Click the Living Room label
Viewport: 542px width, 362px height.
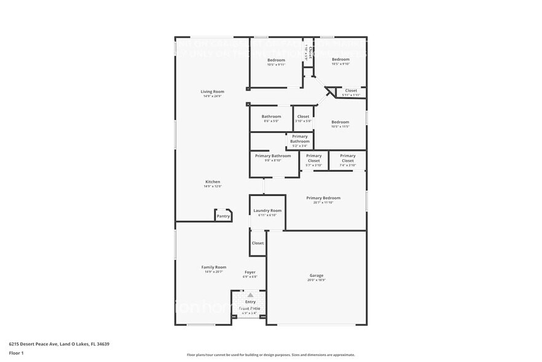pos(212,92)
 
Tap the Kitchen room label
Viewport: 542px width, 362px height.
pos(213,182)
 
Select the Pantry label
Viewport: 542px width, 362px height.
pos(223,216)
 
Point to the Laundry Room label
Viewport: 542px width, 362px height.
pos(267,211)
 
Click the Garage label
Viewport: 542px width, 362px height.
pos(316,276)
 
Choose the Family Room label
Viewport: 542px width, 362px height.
pos(214,267)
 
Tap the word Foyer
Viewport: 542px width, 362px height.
pos(250,272)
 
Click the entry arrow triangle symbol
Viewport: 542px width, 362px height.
pos(250,296)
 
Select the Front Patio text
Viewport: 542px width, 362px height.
pos(249,308)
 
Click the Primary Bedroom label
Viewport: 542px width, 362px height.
pos(323,198)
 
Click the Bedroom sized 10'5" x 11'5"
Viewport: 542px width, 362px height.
pos(340,122)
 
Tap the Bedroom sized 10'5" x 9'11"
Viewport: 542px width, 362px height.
pos(276,60)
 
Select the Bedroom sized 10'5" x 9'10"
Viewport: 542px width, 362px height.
pos(340,60)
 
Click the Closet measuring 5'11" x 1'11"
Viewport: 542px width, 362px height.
pos(351,91)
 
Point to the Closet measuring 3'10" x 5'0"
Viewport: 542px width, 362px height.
pos(303,116)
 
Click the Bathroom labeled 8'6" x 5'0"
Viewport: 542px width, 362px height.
pos(271,116)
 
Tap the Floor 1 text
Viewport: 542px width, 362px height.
pos(16,353)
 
